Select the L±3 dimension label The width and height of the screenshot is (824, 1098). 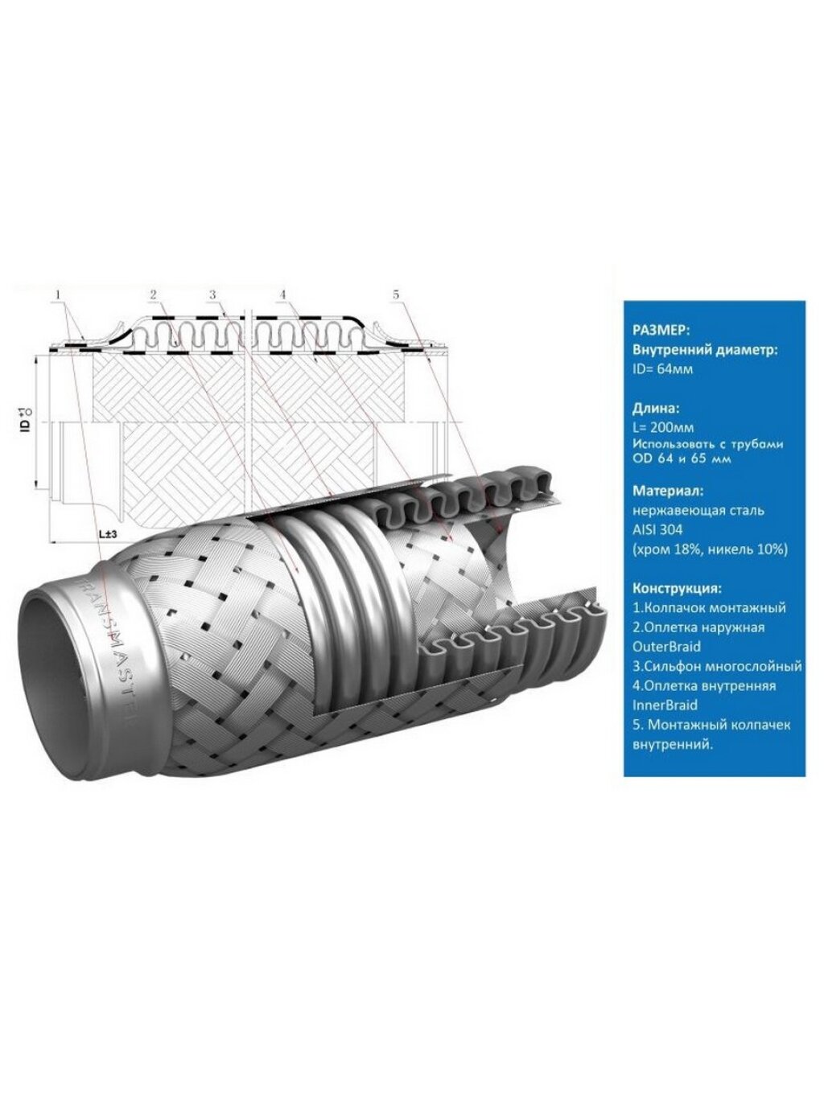(x=108, y=535)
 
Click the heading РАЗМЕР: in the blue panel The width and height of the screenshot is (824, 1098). (x=661, y=331)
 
